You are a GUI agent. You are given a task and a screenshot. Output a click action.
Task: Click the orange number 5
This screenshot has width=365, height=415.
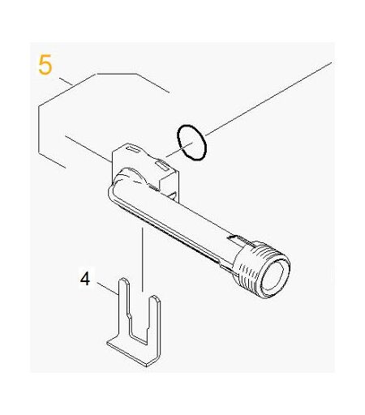point(45,65)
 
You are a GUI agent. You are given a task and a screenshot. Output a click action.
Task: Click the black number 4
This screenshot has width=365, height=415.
point(85,279)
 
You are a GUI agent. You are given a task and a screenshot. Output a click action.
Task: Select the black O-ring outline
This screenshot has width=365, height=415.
point(192,143)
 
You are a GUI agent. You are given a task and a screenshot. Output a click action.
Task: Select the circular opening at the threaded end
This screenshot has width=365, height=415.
point(273,277)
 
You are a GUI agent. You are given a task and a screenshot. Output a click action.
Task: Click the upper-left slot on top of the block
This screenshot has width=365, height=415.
point(132,148)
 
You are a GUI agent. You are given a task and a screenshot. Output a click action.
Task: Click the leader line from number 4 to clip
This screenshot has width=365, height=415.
point(108,289)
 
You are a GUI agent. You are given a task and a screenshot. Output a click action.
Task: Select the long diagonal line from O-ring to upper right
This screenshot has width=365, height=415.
point(268,99)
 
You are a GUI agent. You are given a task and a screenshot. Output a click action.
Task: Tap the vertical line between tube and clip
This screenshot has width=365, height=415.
point(142,259)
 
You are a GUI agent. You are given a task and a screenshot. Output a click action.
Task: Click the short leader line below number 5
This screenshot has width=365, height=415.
point(66,82)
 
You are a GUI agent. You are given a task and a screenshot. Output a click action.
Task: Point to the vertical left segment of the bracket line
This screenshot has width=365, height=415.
point(39,130)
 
